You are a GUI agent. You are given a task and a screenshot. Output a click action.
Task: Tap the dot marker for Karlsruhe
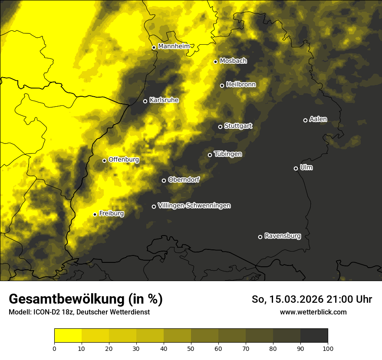point(145,101)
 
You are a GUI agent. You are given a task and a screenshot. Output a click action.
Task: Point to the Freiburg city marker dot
point(95,214)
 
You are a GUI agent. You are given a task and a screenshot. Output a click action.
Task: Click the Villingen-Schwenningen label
point(194,206)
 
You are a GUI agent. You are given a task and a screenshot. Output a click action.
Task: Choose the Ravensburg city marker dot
point(260,237)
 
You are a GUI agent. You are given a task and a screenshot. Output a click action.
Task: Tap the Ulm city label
point(306,167)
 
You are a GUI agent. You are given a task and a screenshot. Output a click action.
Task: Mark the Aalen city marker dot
point(305,120)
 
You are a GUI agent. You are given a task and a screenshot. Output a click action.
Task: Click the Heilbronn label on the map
point(241,85)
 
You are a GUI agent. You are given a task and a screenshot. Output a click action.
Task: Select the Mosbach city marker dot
point(215,62)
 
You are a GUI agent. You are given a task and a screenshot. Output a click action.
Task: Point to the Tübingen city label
point(228,154)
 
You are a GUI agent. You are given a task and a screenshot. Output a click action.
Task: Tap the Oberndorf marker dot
point(164,180)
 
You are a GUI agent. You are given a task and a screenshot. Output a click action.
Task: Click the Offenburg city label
point(124,160)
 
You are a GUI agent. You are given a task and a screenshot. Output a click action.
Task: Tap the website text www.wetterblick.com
point(313,312)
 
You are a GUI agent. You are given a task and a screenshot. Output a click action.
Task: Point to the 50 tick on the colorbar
point(191,348)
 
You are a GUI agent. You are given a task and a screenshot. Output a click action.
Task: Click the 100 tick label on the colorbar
point(328,348)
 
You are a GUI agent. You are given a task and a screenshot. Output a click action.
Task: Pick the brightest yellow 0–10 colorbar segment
point(68,336)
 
